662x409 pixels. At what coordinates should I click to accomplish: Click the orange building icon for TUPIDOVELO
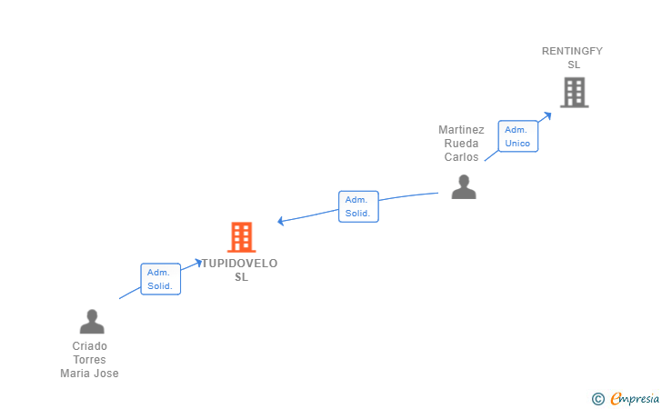tap(242, 237)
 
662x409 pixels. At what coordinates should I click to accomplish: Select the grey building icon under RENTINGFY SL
tap(574, 93)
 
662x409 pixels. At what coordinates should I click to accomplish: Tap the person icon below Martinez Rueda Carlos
tap(464, 186)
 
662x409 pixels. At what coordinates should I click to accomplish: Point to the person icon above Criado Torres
tap(92, 322)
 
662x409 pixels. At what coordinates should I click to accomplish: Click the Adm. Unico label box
tap(518, 136)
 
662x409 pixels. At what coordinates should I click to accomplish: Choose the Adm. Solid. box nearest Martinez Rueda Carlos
tap(358, 206)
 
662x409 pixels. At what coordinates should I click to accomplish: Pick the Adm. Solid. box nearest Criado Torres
tap(160, 279)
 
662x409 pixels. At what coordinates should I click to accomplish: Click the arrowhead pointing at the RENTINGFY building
tap(547, 115)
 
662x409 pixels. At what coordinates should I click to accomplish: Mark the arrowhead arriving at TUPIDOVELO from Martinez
tap(281, 221)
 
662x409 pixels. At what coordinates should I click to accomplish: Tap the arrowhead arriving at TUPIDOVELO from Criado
tap(198, 263)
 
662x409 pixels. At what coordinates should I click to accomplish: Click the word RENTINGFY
tap(572, 51)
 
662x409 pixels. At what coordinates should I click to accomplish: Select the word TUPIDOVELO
tap(239, 264)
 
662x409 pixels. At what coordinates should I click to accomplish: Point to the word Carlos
tap(461, 157)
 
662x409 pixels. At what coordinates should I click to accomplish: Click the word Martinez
tap(461, 130)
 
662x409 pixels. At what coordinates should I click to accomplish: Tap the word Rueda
tap(461, 144)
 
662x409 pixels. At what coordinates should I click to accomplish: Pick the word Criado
tap(89, 346)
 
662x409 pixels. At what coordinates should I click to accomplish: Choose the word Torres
tap(89, 360)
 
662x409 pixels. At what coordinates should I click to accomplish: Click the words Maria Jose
tap(89, 374)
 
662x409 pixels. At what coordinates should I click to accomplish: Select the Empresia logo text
tap(635, 398)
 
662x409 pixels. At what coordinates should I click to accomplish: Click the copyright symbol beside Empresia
tap(598, 399)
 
